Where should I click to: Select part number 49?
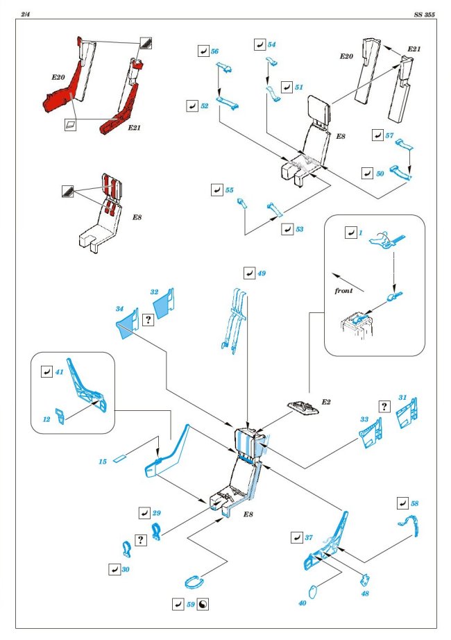click(x=261, y=273)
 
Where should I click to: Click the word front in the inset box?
click(x=343, y=291)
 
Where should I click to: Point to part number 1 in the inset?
click(x=361, y=233)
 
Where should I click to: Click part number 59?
click(x=190, y=604)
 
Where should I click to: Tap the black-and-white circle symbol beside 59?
click(x=203, y=604)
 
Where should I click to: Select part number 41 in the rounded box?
click(x=60, y=372)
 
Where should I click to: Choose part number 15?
click(x=102, y=461)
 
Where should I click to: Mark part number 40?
click(x=302, y=603)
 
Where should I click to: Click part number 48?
click(x=364, y=593)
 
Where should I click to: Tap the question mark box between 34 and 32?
click(x=147, y=319)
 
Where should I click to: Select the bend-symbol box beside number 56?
click(x=203, y=52)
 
